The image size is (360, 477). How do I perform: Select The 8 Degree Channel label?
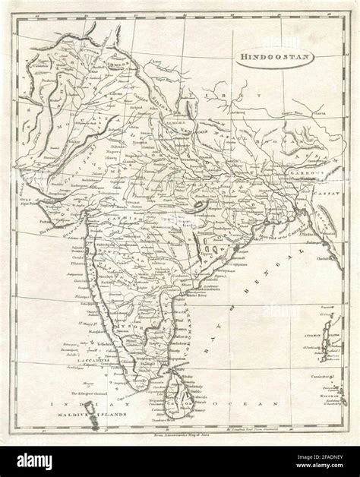tap(90, 394)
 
